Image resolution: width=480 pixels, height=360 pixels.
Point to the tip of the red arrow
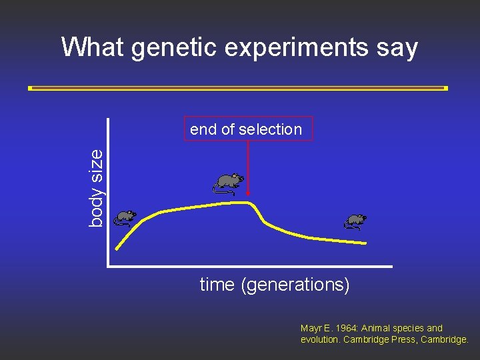click(248, 198)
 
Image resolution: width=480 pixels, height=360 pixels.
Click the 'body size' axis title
click(96, 187)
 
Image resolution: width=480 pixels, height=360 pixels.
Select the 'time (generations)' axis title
click(275, 285)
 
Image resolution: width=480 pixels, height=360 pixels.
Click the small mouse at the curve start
click(124, 217)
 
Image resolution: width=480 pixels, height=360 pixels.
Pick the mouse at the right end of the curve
click(355, 221)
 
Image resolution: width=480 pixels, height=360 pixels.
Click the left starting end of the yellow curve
click(117, 249)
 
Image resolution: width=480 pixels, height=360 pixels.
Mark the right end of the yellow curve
click(365, 243)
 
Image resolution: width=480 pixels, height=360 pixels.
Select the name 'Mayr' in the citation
click(312, 328)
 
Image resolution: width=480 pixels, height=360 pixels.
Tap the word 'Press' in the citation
click(407, 339)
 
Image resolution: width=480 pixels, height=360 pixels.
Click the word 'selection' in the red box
click(275, 129)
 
